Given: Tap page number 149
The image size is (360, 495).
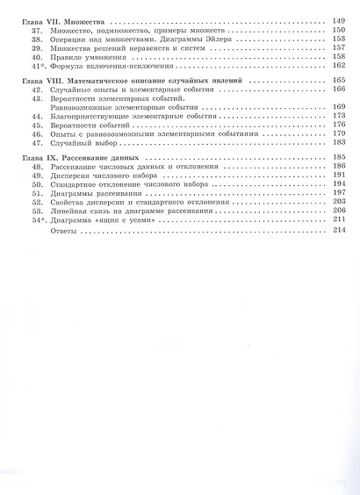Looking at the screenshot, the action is (x=339, y=18).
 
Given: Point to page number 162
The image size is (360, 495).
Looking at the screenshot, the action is (x=339, y=66).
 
